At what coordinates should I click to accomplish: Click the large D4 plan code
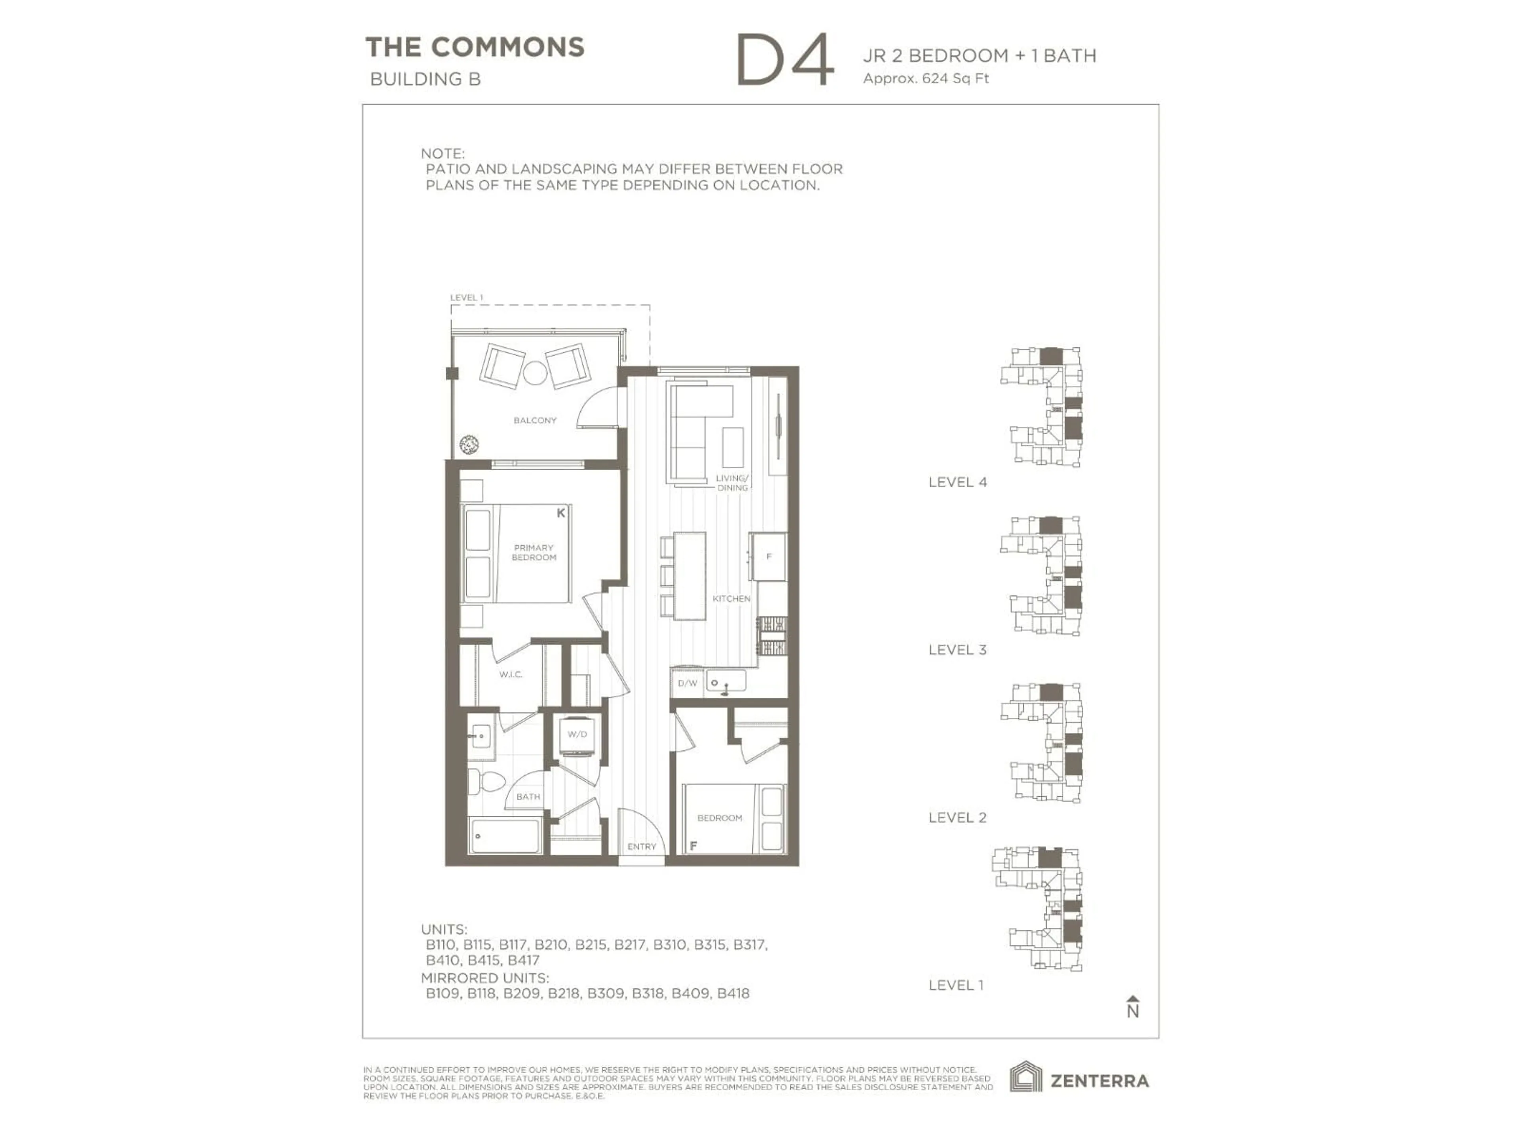[785, 61]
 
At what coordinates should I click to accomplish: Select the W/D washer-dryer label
[577, 735]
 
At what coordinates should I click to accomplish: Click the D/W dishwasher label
[687, 683]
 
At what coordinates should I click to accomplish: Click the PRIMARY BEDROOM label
[534, 552]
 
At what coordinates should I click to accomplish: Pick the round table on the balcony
[534, 373]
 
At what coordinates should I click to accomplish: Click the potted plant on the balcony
[469, 444]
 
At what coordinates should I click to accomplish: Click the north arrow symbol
[1132, 1007]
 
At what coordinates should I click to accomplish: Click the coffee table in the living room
[732, 447]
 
